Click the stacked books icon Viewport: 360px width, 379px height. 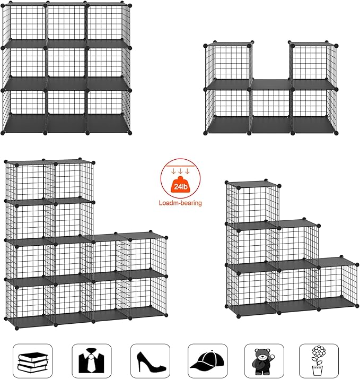coord(32,360)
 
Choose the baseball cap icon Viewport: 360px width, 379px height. coord(207,361)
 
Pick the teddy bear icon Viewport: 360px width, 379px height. coord(264,361)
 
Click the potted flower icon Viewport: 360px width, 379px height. coord(319,361)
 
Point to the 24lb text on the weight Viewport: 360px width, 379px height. coord(181,186)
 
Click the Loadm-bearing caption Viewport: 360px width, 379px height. coord(181,203)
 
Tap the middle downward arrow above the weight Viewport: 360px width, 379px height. coord(181,170)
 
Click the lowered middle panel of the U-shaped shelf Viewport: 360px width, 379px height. coord(270,83)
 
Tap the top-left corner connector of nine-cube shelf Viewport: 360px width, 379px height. coord(5,5)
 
